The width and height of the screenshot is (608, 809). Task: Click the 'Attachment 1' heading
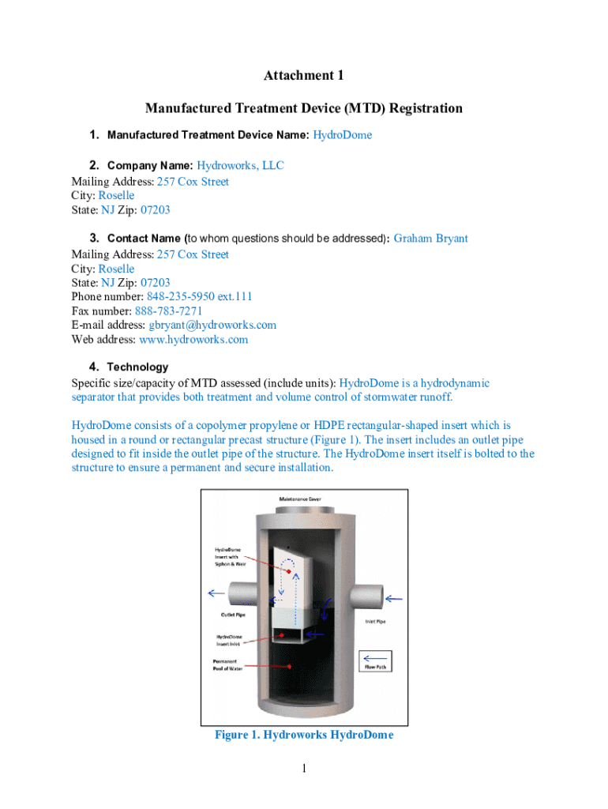tap(304, 76)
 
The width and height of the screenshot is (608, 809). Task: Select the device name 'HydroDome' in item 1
tap(342, 135)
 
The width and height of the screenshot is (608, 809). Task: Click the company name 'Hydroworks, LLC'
tap(240, 165)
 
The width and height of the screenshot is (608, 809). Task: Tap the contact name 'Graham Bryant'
tap(430, 238)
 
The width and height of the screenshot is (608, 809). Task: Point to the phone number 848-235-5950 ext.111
tap(199, 296)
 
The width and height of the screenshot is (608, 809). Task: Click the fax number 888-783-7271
tap(169, 310)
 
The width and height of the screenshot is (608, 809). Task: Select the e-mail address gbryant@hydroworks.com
tap(212, 325)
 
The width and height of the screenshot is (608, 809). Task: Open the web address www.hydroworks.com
tap(193, 340)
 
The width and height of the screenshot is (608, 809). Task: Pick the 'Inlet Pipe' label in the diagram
tap(376, 622)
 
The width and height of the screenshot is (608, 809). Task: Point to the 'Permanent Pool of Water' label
tap(227, 664)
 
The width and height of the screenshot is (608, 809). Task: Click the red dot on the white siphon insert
tap(289, 570)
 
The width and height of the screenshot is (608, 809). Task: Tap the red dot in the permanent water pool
tap(291, 666)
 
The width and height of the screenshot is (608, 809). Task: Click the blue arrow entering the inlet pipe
tap(393, 599)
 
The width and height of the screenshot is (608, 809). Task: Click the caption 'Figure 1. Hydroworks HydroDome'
tap(304, 736)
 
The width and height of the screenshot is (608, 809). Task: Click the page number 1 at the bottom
tap(304, 769)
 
